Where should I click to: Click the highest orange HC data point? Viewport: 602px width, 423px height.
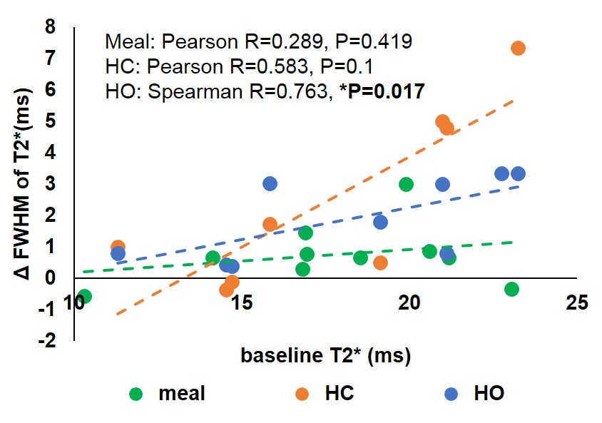(519, 48)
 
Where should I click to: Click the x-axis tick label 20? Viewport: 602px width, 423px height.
(409, 304)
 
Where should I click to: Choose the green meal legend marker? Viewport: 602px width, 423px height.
(137, 393)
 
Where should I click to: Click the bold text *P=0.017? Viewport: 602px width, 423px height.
(384, 91)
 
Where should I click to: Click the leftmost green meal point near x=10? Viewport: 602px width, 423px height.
(83, 296)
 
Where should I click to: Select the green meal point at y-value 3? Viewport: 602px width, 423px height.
(406, 184)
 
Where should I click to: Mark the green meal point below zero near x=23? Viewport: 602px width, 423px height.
(511, 289)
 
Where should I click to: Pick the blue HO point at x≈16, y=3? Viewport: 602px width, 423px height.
(270, 183)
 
